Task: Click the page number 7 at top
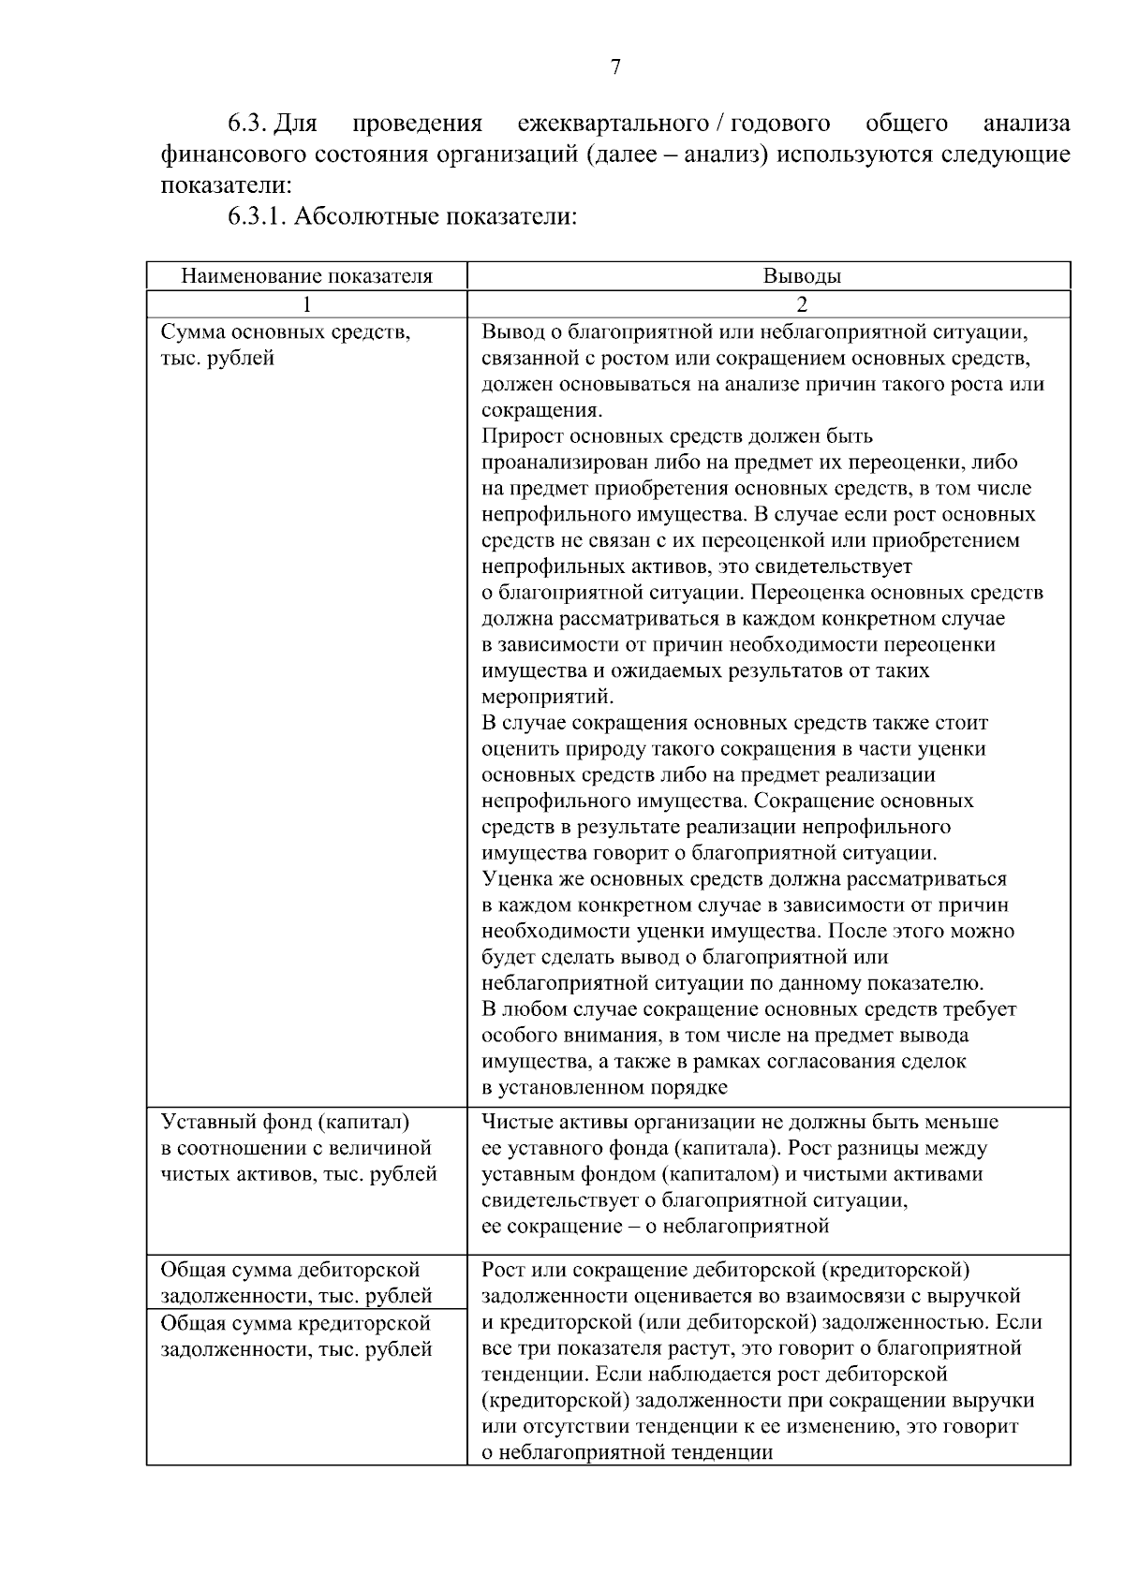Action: [615, 66]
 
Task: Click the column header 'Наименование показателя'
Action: [306, 276]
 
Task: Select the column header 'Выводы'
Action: [801, 276]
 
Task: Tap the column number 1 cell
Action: [306, 304]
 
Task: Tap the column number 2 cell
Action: [802, 304]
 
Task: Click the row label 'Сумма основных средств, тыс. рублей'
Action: [285, 345]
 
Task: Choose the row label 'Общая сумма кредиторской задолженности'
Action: [296, 1336]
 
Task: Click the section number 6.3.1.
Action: [258, 217]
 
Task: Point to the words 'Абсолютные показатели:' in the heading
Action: [434, 217]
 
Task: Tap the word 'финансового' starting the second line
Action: [233, 154]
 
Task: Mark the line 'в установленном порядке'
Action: [604, 1087]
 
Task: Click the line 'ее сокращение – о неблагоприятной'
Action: [655, 1226]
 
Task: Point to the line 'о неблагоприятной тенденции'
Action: [627, 1452]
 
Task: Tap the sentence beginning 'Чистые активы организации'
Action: [740, 1122]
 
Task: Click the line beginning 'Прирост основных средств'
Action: [676, 436]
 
